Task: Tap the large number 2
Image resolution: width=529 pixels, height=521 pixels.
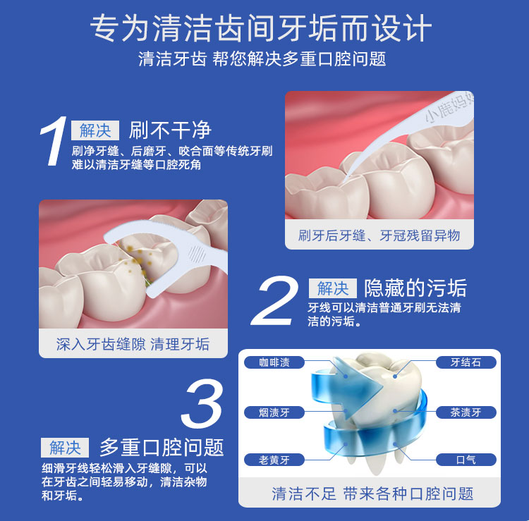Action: click(x=274, y=300)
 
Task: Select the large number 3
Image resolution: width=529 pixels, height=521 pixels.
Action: click(x=202, y=403)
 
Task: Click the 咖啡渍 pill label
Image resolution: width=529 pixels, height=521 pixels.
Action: click(x=274, y=362)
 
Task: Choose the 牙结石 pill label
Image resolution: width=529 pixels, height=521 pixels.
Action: click(x=466, y=362)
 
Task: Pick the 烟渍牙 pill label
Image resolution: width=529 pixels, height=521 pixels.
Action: click(x=274, y=412)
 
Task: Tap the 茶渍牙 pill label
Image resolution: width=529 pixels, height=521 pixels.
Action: click(x=466, y=412)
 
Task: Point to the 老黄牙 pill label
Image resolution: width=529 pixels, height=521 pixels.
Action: click(x=274, y=460)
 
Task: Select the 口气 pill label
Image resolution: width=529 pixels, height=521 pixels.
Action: click(x=466, y=460)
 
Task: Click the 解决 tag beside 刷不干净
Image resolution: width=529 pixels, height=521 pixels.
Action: click(x=95, y=130)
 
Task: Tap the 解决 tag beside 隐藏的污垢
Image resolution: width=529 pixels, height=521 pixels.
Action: click(x=333, y=288)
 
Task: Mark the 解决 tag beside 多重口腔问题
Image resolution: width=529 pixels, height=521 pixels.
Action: click(x=65, y=448)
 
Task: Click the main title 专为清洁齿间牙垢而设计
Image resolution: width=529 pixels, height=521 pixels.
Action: click(x=261, y=28)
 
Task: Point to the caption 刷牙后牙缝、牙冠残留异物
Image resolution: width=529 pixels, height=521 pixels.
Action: click(x=379, y=235)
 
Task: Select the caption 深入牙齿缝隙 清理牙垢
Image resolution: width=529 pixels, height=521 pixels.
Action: click(x=133, y=344)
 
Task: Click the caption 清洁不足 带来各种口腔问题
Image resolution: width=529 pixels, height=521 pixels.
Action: click(x=372, y=494)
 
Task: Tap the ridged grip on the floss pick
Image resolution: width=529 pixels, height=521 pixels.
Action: click(x=197, y=255)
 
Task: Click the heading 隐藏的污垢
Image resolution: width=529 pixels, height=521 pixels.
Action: click(x=415, y=288)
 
